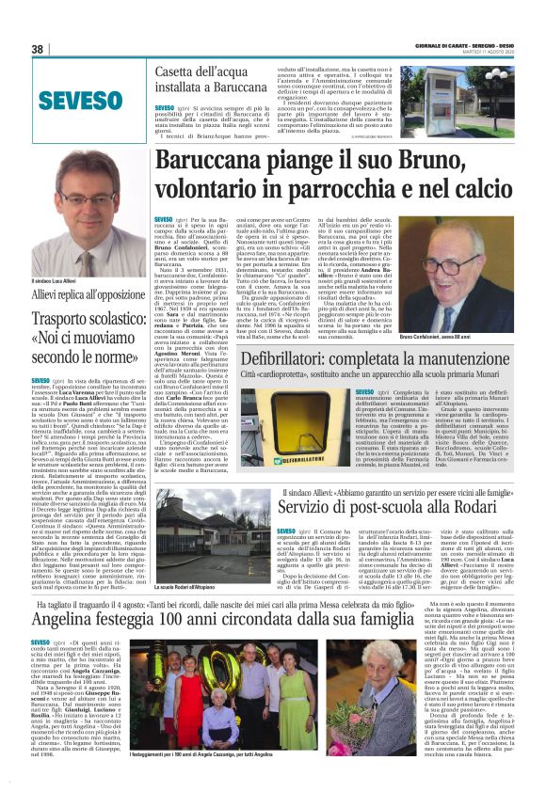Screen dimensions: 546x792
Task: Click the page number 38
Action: [x=38, y=49]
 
